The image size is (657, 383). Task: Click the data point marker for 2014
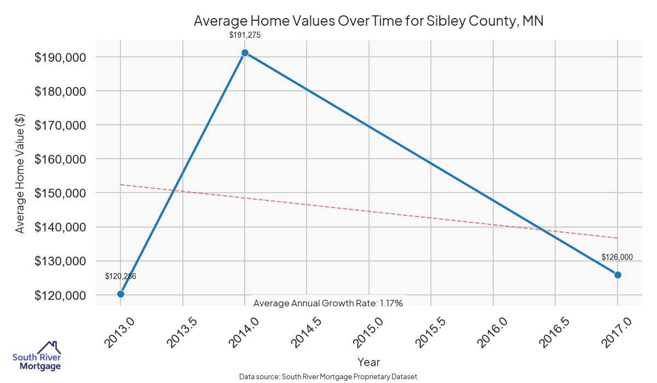coord(245,53)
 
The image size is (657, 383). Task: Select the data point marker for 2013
coord(120,294)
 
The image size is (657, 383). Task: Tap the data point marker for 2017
coord(618,275)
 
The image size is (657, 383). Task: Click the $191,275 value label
coord(245,35)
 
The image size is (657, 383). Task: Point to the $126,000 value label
coord(617,257)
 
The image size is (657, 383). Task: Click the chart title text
coord(368,21)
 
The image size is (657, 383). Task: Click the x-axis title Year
coord(368,362)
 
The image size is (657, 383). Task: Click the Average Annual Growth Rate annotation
coord(328,303)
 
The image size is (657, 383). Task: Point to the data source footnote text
coord(328,376)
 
